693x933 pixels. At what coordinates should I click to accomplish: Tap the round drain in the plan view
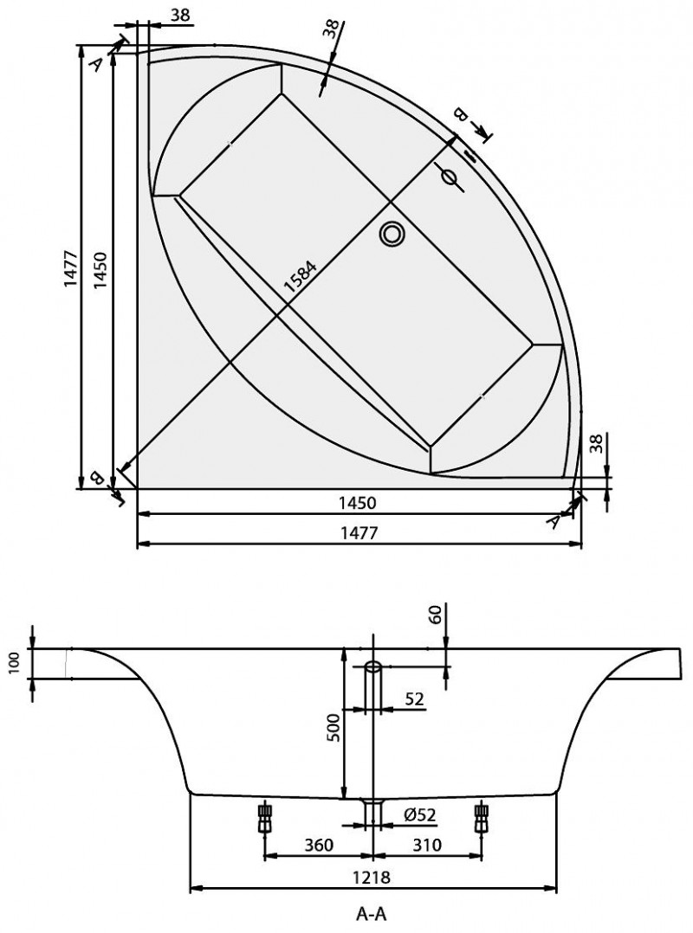392,233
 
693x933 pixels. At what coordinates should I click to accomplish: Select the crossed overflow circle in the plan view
449,177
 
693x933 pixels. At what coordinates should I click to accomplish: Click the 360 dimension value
319,845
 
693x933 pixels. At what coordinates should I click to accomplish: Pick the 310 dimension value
426,845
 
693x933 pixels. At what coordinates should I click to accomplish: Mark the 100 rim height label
15,661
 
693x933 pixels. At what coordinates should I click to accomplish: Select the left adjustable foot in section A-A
264,818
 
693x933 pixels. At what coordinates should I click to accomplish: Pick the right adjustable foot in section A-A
480,818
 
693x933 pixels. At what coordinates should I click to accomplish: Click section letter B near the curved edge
459,113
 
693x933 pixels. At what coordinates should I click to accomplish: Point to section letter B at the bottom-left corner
95,477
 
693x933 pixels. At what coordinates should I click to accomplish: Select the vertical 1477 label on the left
71,268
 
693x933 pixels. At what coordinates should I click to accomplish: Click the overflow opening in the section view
373,667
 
